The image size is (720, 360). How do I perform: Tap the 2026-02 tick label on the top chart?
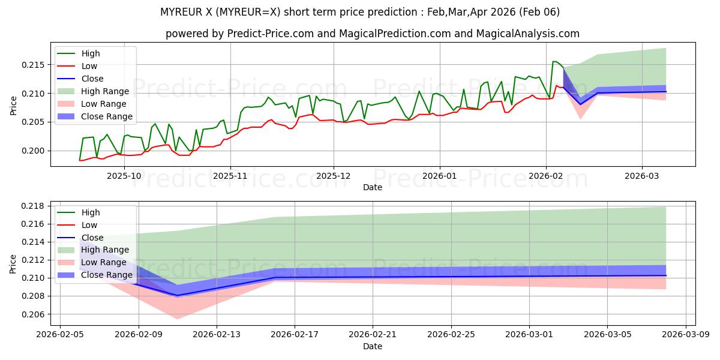(545, 176)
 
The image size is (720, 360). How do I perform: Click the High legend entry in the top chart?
(91, 54)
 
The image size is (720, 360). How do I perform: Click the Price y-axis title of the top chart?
(13, 105)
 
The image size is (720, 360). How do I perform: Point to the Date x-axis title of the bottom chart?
(373, 346)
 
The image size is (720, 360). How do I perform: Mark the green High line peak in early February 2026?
(554, 61)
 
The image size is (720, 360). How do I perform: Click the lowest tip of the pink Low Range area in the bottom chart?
(177, 319)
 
